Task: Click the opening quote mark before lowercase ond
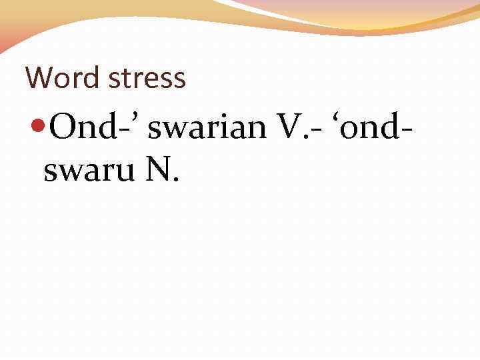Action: (344, 117)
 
